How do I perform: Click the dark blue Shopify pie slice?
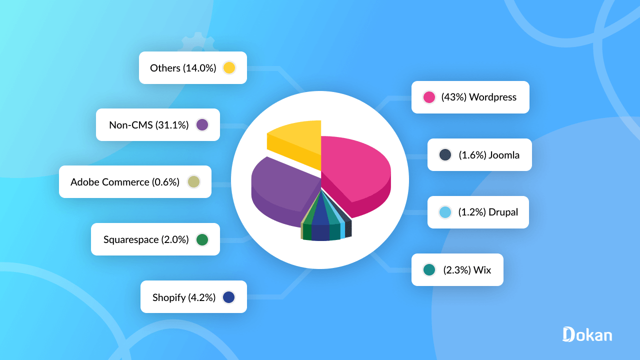[320, 227]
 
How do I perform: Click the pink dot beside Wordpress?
[429, 97]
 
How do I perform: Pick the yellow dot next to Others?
[229, 67]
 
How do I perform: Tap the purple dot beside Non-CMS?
[202, 124]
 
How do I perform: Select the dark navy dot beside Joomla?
[445, 154]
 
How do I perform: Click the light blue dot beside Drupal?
[445, 212]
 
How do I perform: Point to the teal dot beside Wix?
[429, 270]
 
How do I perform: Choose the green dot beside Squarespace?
[202, 239]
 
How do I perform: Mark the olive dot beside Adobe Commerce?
[193, 181]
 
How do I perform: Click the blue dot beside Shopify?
[229, 297]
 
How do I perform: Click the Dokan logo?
[587, 334]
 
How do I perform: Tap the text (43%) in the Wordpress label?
[453, 97]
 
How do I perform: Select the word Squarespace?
[131, 239]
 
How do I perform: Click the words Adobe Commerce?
[109, 182]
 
